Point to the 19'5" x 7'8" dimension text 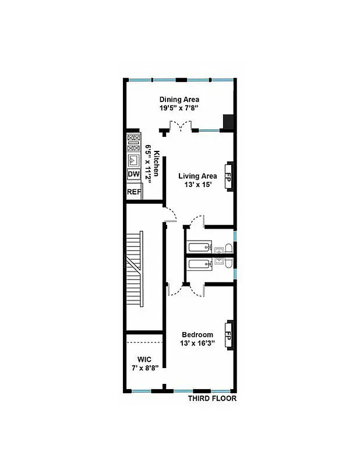(179, 108)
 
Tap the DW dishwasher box (133, 174)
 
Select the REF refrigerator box (134, 192)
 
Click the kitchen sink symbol (133, 158)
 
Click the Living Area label (197, 176)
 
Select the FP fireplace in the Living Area (229, 176)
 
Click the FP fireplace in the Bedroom (229, 337)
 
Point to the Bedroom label (198, 334)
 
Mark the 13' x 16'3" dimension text (199, 343)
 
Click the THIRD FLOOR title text (212, 399)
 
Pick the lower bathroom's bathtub (198, 264)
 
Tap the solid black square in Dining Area (229, 122)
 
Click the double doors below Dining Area (179, 125)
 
